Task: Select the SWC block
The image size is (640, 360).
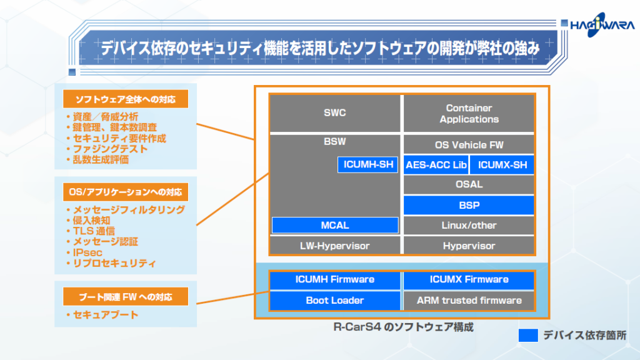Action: coord(334,113)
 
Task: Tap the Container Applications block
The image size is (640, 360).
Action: coord(469,113)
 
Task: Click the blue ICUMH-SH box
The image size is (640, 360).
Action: coord(368,164)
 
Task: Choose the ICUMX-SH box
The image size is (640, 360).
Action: coord(502,164)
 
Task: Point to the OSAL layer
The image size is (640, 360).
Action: coord(469,184)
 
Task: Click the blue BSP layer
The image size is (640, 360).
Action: coord(469,205)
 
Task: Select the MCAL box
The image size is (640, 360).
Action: coord(335,225)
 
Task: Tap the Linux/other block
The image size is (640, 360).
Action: coord(469,225)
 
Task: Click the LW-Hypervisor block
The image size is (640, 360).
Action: coord(334,246)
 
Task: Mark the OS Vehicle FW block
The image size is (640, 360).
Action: coord(469,144)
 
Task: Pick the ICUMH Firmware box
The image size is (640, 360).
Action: coord(334,279)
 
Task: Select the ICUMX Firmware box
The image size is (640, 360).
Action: coord(469,279)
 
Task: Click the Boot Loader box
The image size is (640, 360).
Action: coord(334,300)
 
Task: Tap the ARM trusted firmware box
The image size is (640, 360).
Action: coord(469,300)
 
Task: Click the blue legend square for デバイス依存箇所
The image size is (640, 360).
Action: coord(528,335)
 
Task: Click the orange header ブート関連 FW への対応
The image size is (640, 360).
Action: coord(126,296)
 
